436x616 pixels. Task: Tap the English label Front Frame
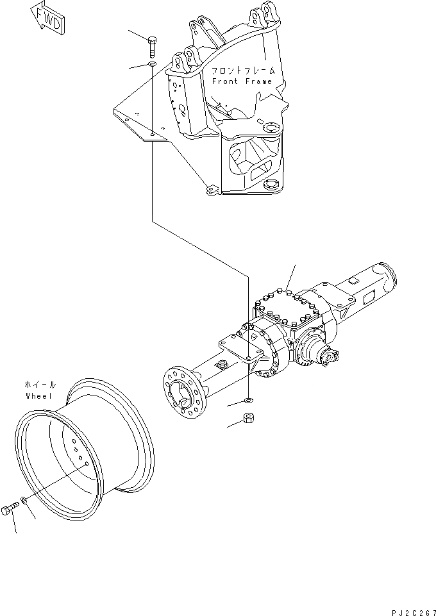coord(242,81)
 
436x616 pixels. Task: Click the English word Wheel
coord(37,395)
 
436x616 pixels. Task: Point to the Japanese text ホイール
coord(39,385)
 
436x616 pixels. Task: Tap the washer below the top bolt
coord(151,65)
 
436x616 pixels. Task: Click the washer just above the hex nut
coord(249,402)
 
